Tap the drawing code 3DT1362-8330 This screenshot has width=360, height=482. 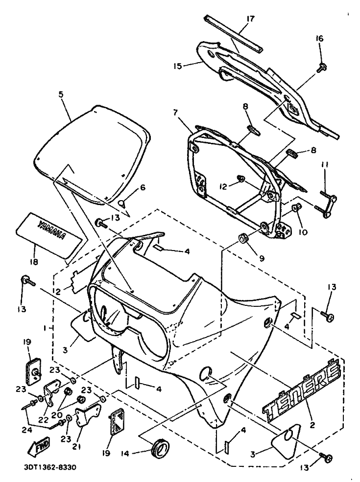click(x=49, y=467)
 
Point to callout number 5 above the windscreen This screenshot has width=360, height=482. click(x=61, y=94)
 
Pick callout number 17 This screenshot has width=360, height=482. click(x=250, y=19)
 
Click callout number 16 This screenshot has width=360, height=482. click(x=319, y=39)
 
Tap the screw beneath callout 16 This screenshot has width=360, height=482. click(x=321, y=67)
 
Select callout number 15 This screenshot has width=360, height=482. click(x=178, y=66)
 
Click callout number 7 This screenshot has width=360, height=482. click(x=175, y=113)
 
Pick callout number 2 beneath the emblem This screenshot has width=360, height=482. click(x=312, y=425)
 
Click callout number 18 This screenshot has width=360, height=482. click(x=33, y=262)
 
